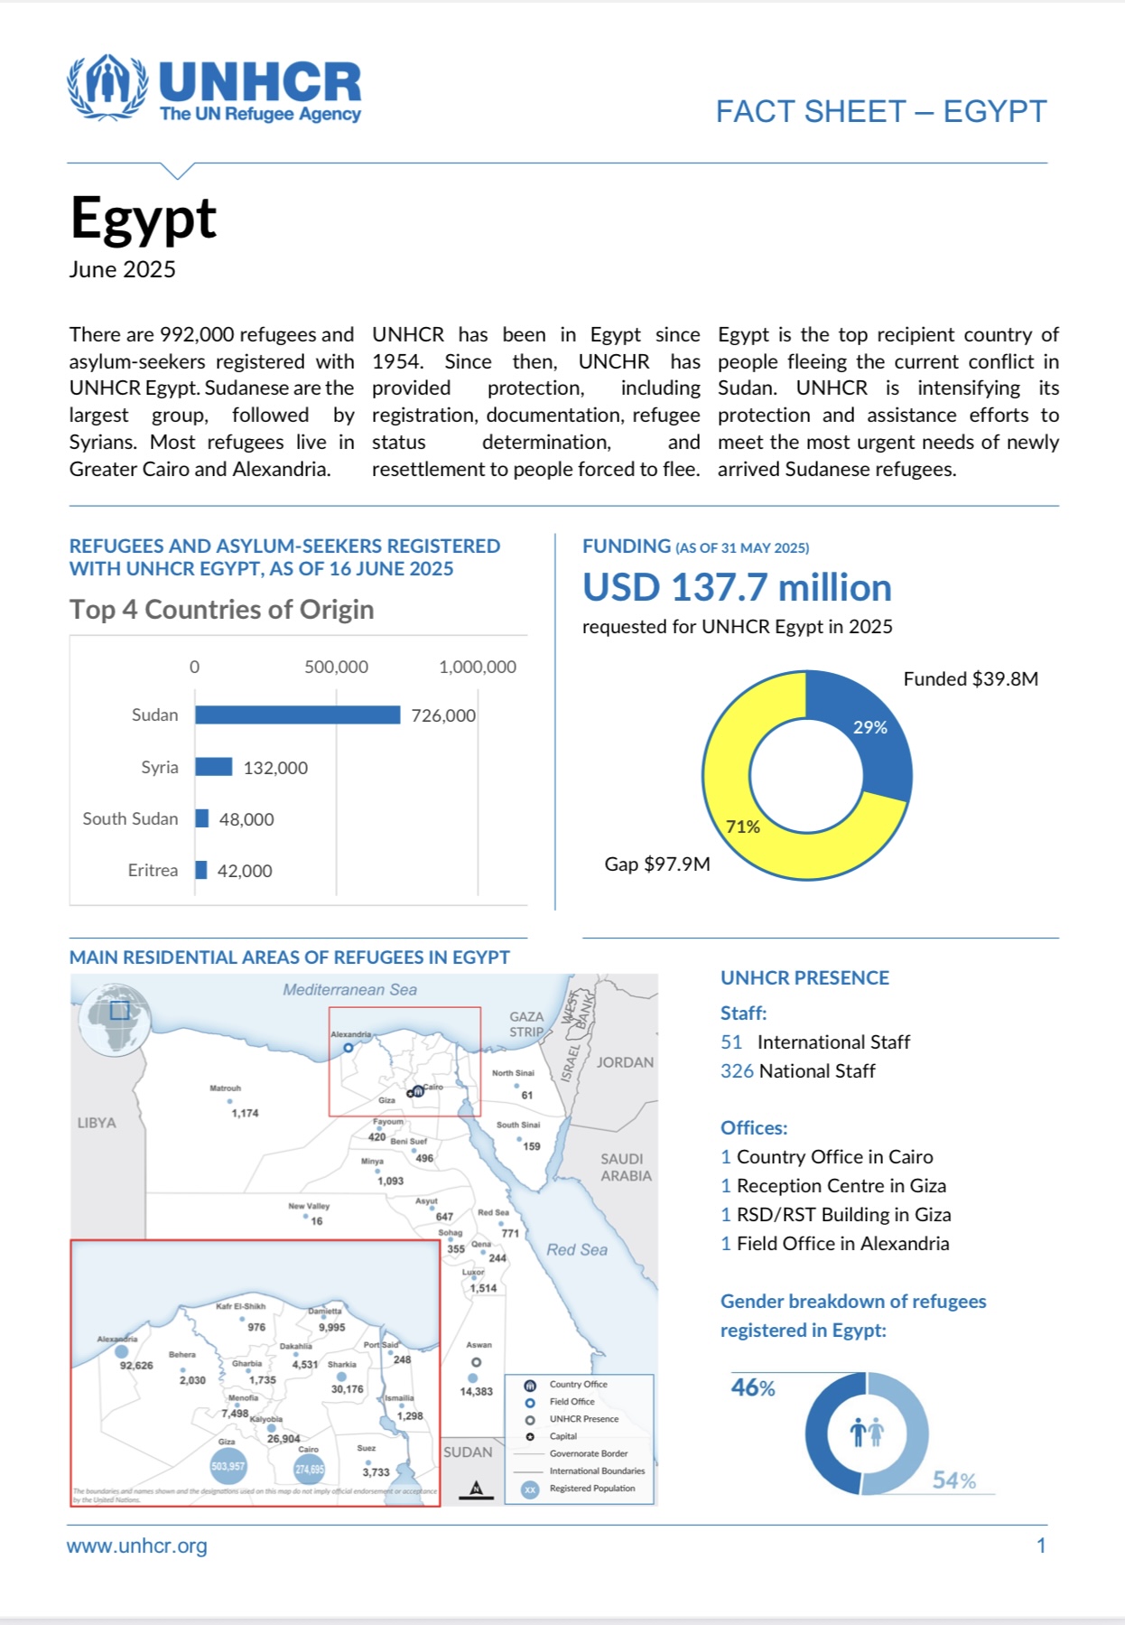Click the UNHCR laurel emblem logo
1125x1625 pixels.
click(x=107, y=87)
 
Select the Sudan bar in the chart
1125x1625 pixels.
click(x=297, y=715)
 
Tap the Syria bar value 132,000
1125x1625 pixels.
click(x=275, y=768)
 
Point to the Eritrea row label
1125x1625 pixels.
click(x=153, y=871)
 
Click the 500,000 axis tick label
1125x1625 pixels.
click(x=336, y=668)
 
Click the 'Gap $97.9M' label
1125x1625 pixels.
click(x=657, y=864)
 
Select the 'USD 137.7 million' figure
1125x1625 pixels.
click(x=737, y=588)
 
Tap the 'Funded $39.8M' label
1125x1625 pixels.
click(x=971, y=679)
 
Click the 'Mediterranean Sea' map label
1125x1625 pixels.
click(x=349, y=990)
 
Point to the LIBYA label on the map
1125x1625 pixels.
click(x=97, y=1123)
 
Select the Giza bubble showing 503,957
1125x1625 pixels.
click(x=228, y=1466)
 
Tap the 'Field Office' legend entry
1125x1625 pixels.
click(x=572, y=1402)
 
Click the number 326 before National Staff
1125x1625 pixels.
click(x=736, y=1071)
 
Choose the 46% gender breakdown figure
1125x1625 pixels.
click(x=753, y=1388)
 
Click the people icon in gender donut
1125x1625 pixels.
click(x=867, y=1432)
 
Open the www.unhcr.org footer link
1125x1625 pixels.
click(x=137, y=1546)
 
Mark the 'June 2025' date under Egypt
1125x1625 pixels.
click(x=123, y=270)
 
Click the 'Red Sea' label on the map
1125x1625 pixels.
click(x=577, y=1250)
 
